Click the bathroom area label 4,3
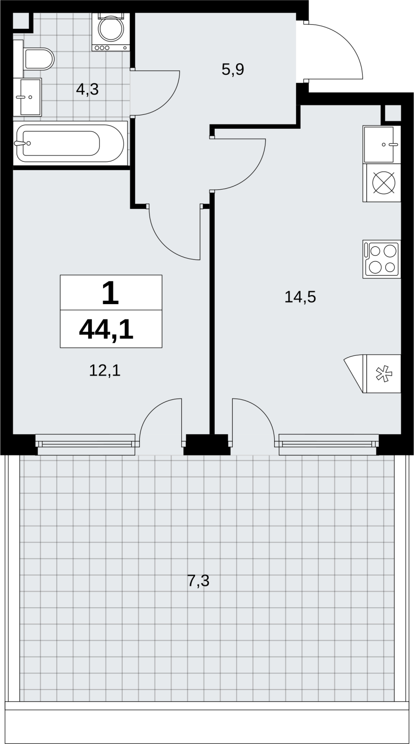87,89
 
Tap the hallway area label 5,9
233,70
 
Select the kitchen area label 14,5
300,297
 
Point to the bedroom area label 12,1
105,370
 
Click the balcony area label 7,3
198,581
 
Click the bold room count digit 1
111,293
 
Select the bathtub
70,143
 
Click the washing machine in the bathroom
111,32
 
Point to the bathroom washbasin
27,97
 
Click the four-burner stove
382,259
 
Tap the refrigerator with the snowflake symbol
373,374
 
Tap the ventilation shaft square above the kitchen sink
393,114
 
